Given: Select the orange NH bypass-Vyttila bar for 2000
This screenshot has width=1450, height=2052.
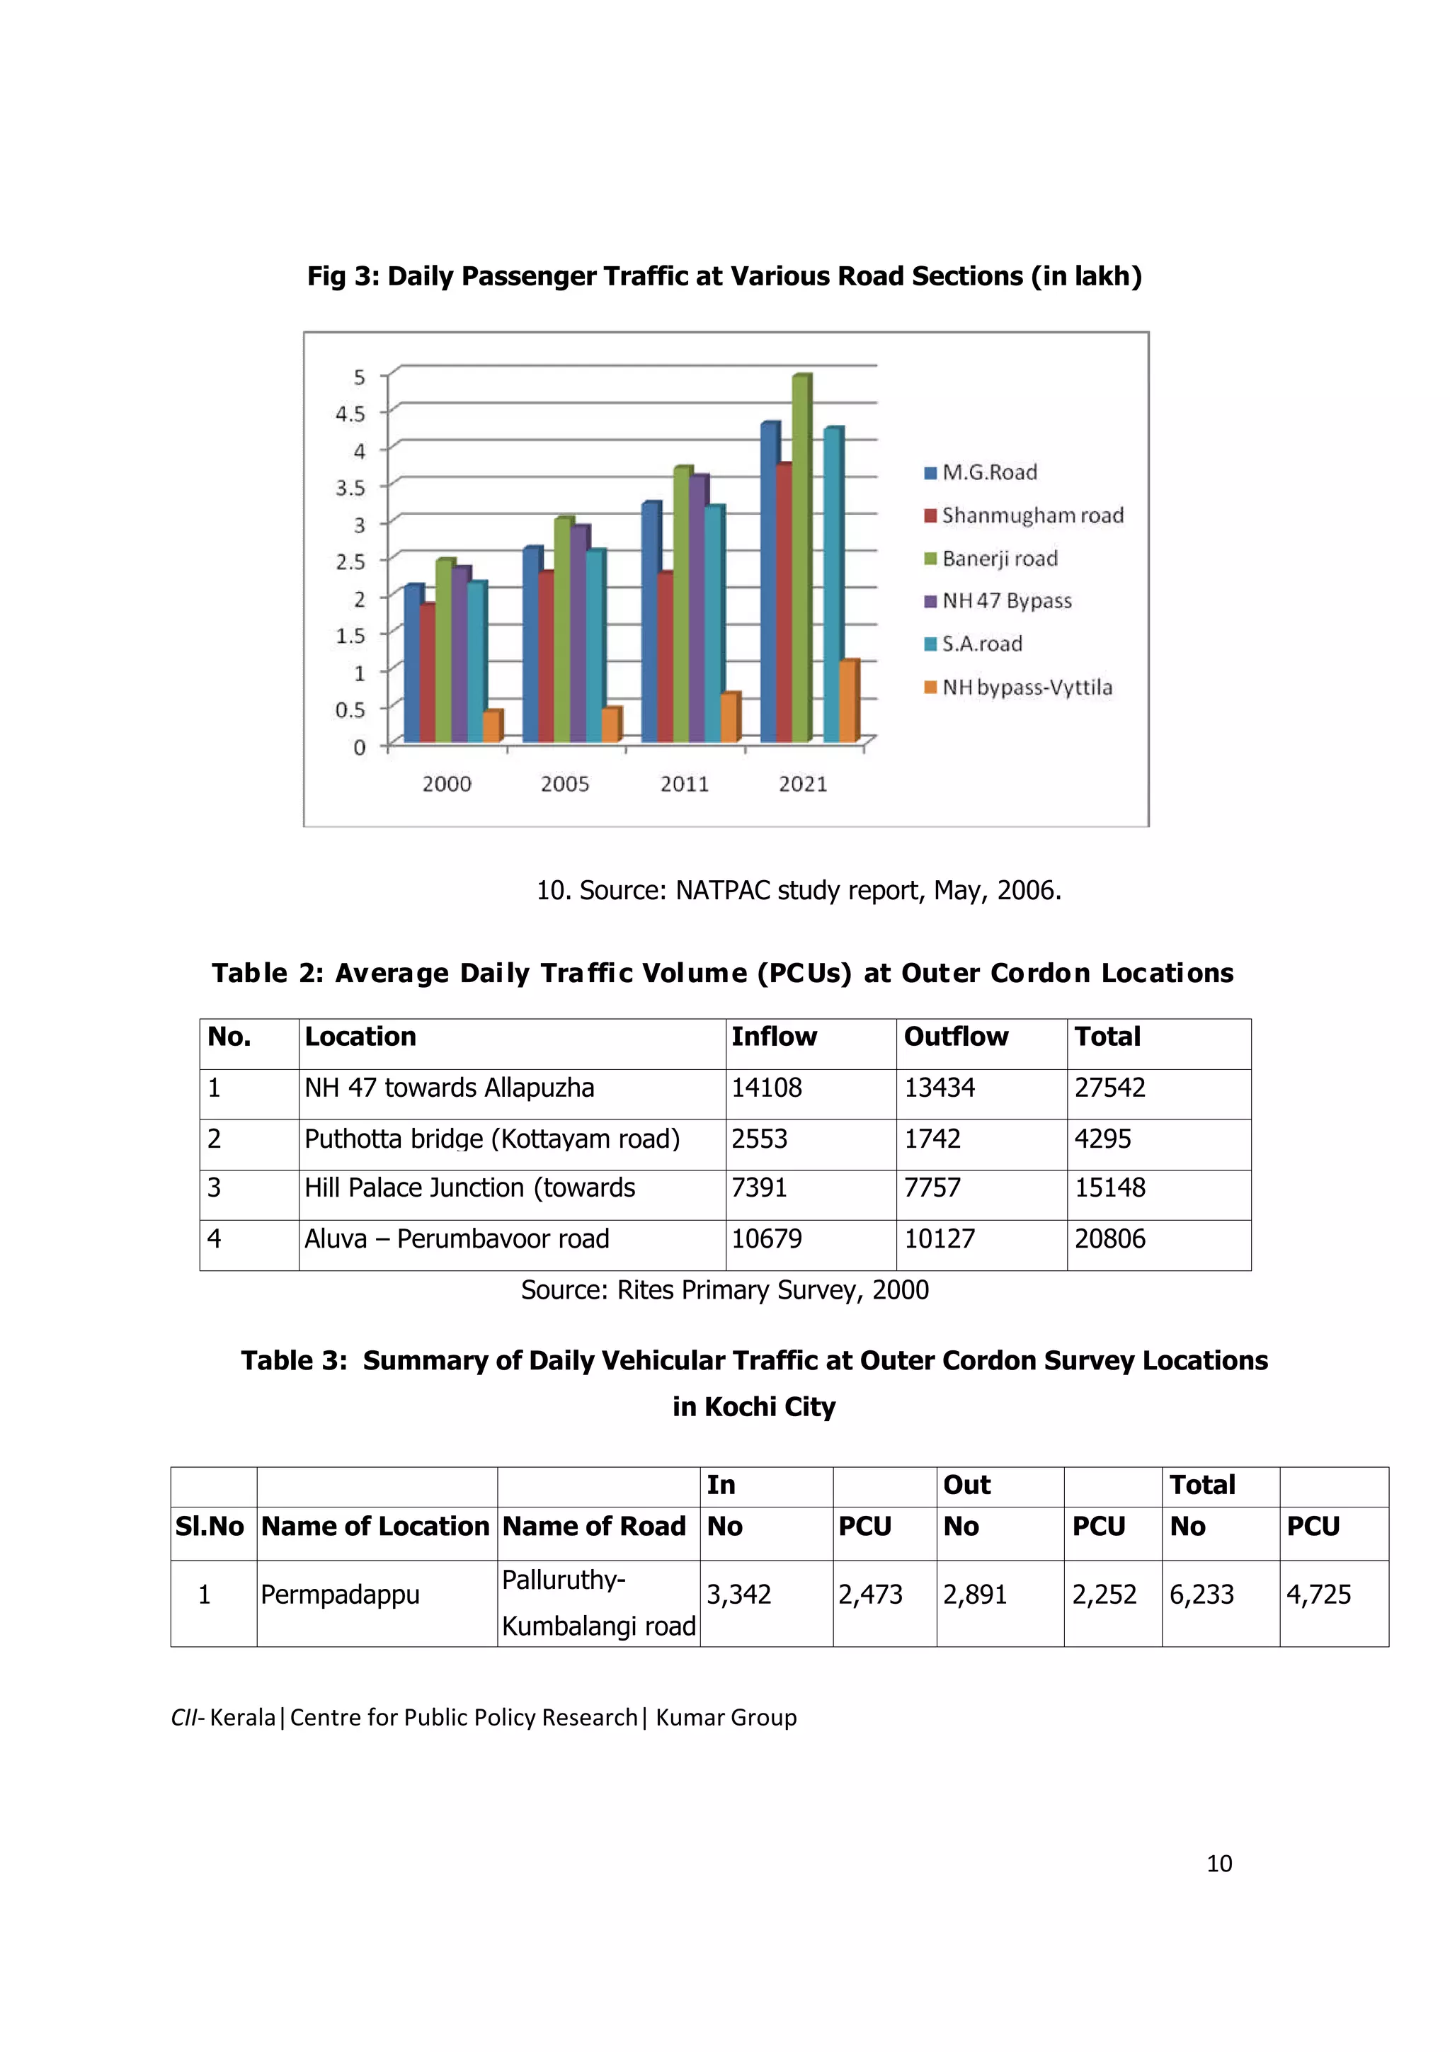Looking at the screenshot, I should point(491,726).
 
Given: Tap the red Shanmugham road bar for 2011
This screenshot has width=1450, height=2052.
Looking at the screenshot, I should point(665,657).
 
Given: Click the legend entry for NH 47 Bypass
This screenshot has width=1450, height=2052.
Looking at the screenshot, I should point(1005,600).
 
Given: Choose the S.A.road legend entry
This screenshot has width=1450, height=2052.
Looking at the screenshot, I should point(981,644).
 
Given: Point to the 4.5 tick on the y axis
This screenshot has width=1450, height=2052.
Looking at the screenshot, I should point(350,413).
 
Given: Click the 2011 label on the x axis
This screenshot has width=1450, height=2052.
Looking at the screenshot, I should point(685,784).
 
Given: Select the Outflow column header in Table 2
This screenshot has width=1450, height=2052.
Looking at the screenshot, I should point(955,1037).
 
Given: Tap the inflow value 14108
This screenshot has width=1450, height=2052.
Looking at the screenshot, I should point(767,1088).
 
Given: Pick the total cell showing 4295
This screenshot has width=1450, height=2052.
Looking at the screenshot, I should point(1102,1139).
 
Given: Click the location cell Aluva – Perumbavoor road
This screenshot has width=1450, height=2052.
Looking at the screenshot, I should point(457,1238).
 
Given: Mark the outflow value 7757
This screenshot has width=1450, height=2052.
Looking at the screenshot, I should point(932,1187).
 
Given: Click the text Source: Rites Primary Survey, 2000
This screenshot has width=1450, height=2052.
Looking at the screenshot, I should point(724,1289).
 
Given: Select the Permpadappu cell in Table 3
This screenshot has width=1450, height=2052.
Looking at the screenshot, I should point(340,1595).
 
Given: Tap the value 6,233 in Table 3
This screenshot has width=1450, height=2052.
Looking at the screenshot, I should point(1201,1595).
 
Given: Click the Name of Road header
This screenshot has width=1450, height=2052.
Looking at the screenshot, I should point(594,1527).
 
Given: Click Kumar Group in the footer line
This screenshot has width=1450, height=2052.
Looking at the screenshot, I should point(726,1718).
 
